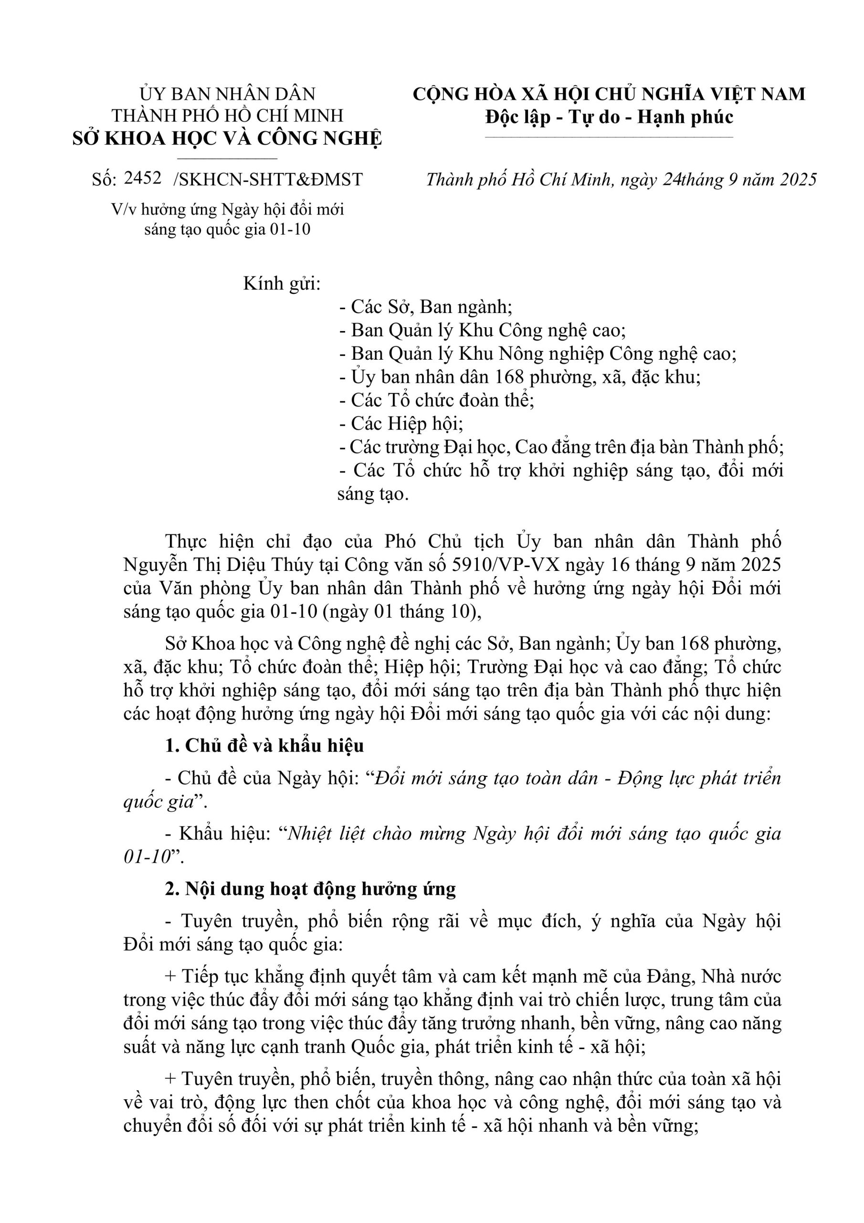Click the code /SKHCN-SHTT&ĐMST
[x=268, y=180]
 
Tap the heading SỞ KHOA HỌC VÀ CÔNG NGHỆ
[x=227, y=139]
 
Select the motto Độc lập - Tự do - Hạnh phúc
[x=609, y=117]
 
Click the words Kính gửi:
[x=282, y=284]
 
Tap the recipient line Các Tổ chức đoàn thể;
[x=436, y=400]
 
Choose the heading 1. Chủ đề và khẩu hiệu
[x=264, y=746]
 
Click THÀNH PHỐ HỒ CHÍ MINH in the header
[x=227, y=116]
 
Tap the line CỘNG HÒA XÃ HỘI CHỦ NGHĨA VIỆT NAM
[x=609, y=94]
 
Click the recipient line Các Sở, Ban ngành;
[x=426, y=307]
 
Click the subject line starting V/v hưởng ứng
[x=227, y=210]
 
